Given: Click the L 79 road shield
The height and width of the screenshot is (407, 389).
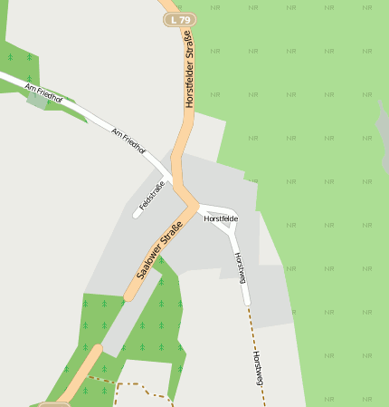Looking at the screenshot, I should pos(180,19).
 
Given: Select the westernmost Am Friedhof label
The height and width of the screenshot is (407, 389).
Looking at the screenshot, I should pos(43,92).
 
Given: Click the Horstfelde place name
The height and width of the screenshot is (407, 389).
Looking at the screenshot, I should pos(221,218).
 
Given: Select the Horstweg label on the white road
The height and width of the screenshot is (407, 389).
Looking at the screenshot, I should pos(240,268).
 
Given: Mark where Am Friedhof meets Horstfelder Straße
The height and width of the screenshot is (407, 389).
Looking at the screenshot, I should pos(171,177).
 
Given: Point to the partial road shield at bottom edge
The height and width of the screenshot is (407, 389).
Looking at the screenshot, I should pos(54,403).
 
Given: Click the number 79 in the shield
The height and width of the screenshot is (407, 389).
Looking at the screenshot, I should pos(185,19).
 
